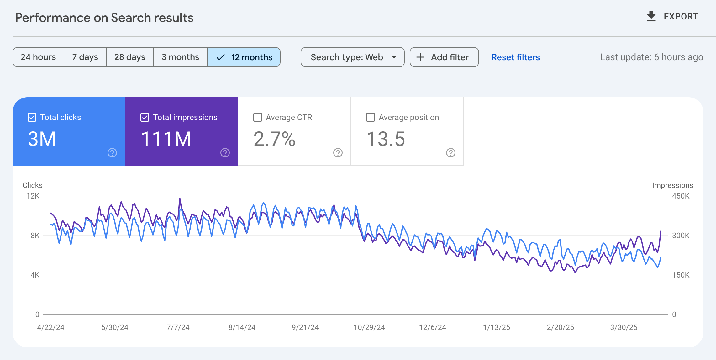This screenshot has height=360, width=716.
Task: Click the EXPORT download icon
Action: tap(651, 16)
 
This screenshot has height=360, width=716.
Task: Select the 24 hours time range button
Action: tap(38, 57)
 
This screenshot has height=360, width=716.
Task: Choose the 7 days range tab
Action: tap(85, 57)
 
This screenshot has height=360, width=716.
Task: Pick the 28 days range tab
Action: tap(130, 57)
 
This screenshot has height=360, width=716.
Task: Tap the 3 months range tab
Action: tap(180, 57)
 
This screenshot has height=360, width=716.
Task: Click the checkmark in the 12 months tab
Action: tap(221, 57)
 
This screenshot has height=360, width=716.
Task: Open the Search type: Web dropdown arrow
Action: tap(394, 57)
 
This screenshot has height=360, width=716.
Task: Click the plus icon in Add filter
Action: tap(420, 57)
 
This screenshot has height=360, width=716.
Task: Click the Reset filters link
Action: tap(515, 57)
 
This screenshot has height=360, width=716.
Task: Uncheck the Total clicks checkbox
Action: tap(32, 117)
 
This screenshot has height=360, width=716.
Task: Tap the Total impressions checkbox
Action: tap(145, 117)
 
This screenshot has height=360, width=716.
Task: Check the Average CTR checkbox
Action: tap(258, 117)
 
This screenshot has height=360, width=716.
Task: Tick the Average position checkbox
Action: tap(371, 117)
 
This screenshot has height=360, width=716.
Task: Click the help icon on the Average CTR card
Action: tap(338, 153)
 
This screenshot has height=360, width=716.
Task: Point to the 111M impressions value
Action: tap(166, 139)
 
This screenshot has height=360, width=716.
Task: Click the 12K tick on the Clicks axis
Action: tap(33, 196)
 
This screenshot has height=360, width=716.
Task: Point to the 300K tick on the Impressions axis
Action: tap(681, 236)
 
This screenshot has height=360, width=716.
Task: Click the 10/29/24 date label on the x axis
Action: tap(369, 327)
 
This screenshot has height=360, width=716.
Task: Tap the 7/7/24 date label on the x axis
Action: tap(178, 327)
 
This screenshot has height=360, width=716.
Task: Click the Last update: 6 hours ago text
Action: tap(651, 57)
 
